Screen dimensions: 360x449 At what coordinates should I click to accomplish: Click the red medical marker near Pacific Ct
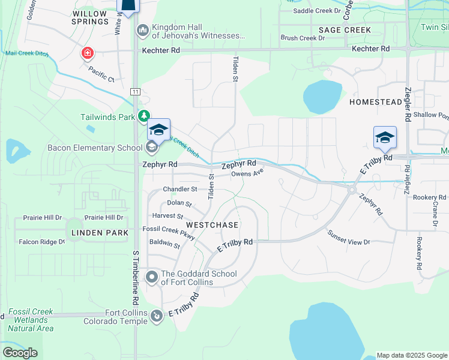click(x=88, y=53)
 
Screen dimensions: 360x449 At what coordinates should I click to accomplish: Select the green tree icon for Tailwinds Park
click(x=143, y=116)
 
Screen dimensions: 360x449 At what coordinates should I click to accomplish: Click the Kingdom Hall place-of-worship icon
click(x=143, y=30)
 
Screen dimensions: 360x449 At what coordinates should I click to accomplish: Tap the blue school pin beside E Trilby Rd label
click(x=385, y=138)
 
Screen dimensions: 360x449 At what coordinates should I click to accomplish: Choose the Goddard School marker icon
click(x=152, y=277)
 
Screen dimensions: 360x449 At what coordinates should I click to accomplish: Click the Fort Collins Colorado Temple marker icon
click(x=157, y=314)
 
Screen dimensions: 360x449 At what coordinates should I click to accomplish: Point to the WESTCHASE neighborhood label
click(x=212, y=224)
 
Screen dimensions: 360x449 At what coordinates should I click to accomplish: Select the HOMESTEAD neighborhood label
click(x=376, y=102)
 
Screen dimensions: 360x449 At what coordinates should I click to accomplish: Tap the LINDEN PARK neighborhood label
click(x=100, y=232)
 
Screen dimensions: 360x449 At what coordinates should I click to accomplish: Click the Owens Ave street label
click(x=247, y=174)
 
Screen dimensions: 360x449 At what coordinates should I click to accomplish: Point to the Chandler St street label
click(x=180, y=190)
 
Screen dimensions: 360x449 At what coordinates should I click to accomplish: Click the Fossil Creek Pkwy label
click(x=169, y=229)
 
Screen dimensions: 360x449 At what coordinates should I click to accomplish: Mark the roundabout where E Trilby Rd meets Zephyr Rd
click(x=351, y=189)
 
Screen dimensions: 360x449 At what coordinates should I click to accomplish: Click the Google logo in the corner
click(x=20, y=353)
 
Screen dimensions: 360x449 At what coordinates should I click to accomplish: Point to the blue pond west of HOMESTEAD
click(x=322, y=96)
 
